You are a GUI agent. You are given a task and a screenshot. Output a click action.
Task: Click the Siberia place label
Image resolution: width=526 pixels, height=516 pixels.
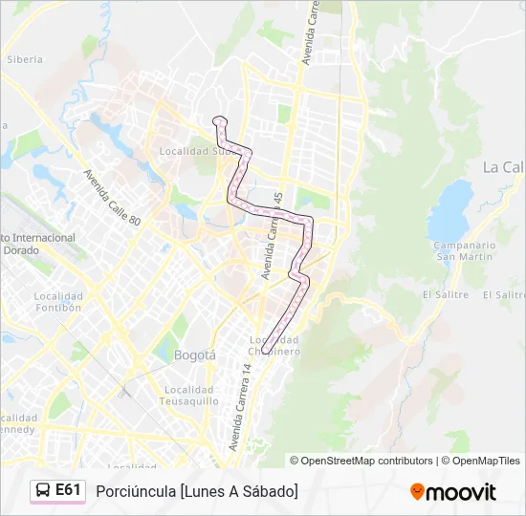(x=25, y=59)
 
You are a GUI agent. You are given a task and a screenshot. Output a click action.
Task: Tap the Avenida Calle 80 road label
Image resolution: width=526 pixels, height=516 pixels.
(x=112, y=198)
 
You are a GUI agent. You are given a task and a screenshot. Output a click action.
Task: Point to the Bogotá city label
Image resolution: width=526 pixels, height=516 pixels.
(x=195, y=355)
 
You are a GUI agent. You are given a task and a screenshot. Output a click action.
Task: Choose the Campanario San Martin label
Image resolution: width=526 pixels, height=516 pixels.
(x=465, y=250)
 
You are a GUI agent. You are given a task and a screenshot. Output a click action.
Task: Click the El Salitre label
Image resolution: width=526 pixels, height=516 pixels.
(x=445, y=295)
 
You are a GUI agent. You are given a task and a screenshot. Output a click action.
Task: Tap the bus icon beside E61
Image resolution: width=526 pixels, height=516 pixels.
(x=43, y=490)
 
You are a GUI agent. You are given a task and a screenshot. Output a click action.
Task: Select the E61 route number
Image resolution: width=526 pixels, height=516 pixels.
(x=68, y=490)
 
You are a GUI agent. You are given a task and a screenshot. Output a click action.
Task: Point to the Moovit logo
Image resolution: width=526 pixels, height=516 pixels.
(x=453, y=492)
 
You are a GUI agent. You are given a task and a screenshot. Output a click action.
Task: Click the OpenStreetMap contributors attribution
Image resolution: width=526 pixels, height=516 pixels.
(x=362, y=461)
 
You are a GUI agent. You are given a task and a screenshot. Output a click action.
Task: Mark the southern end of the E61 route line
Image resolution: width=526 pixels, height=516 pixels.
(x=265, y=352)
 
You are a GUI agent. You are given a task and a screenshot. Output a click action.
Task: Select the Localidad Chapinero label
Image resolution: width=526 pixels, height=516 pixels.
(x=274, y=345)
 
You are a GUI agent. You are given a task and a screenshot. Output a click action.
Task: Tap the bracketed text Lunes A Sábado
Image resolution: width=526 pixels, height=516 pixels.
(x=238, y=491)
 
